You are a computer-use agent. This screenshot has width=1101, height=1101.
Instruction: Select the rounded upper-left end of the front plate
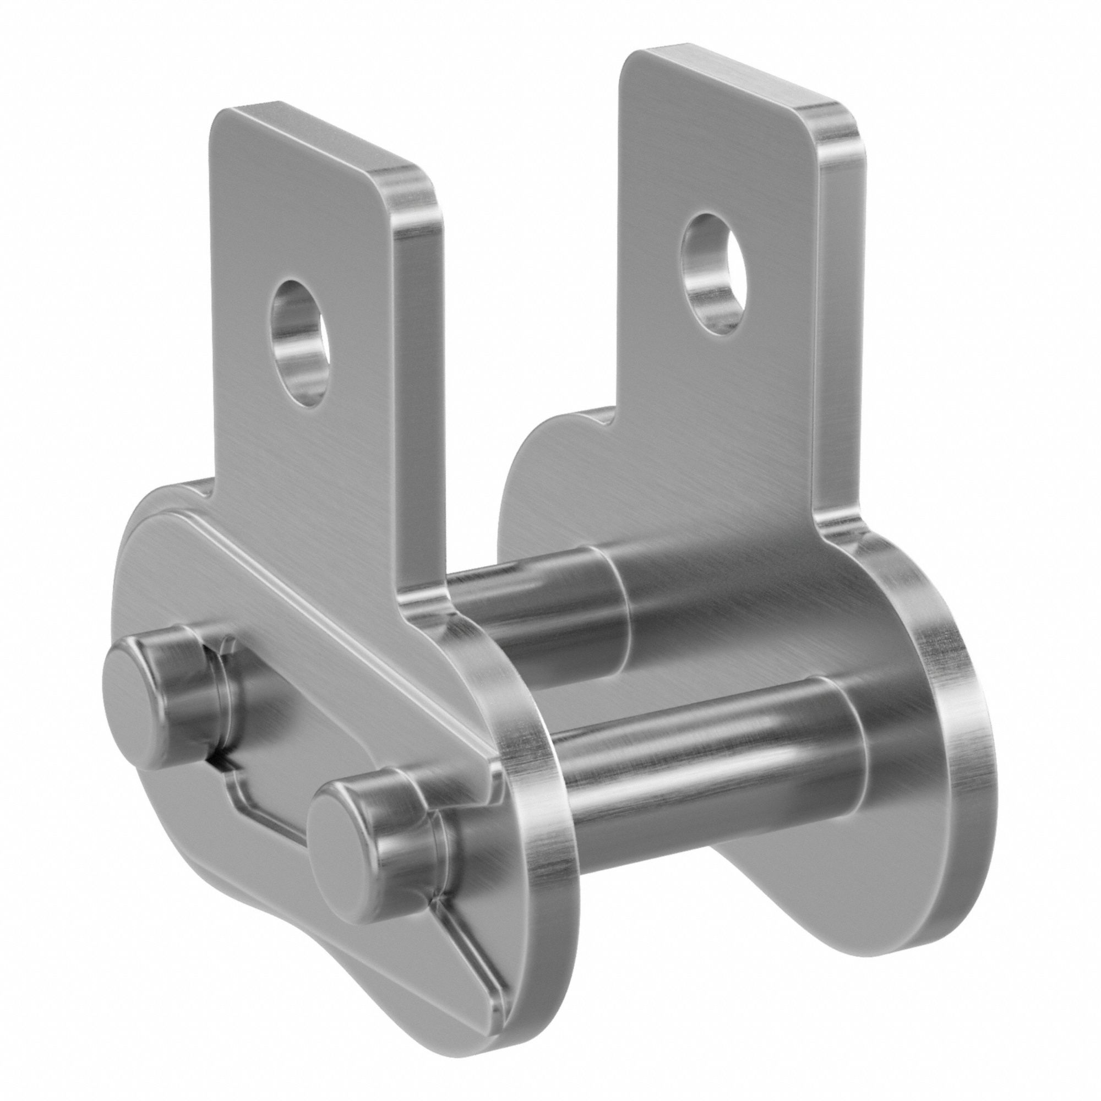tap(137, 547)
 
